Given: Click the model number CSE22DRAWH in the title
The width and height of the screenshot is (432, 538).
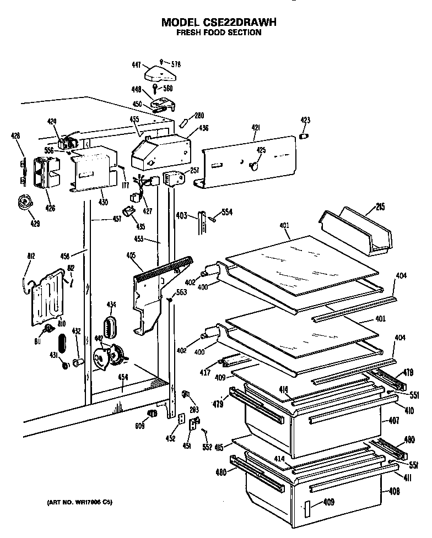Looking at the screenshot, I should pos(242,23).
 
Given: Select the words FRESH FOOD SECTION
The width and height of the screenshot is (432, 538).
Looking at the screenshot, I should pos(218,32).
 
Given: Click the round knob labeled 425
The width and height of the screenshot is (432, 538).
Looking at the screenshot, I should pos(253,165).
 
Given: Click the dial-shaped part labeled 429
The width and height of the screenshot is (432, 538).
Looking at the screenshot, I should pos(24,203).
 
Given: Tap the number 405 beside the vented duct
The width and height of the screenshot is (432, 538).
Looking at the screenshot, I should pos(131,256).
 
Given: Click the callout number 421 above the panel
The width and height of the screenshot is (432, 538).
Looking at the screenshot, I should pos(256,128).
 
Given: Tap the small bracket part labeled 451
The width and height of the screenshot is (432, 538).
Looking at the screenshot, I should pos(193,425).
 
